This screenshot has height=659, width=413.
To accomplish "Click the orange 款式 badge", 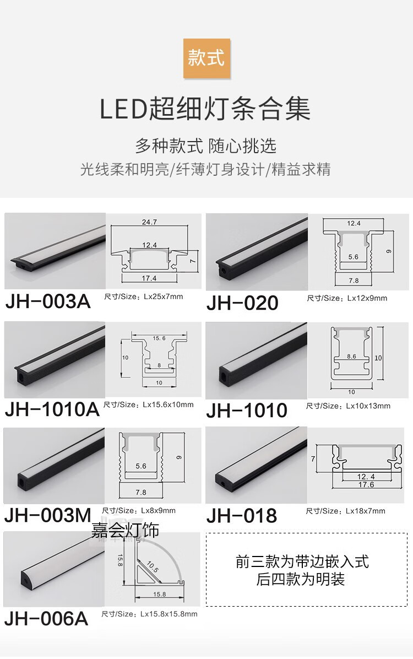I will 206,58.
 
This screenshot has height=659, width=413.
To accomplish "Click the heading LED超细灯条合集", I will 205,109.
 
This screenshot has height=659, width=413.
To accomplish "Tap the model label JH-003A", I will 47,302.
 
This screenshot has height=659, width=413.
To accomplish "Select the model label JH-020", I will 242,303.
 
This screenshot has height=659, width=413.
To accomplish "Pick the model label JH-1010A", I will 52,409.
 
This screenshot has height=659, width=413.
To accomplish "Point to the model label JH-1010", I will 247,410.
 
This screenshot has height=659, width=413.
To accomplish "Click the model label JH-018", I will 241,515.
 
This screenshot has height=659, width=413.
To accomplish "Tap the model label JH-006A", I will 46,618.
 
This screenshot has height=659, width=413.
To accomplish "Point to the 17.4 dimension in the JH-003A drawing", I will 149,278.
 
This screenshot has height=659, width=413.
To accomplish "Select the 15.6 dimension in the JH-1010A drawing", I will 159,338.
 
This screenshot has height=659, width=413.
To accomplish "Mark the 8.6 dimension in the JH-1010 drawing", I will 351,356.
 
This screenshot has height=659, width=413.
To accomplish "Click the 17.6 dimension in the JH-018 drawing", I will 366,485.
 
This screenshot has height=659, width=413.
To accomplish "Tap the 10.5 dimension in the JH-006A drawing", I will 153,566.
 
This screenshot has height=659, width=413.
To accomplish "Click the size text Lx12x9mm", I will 367,298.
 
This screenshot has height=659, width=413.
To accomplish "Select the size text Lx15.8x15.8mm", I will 169,614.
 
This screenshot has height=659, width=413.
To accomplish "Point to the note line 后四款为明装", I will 301,579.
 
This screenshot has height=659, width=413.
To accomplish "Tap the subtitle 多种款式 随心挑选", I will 205,146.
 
